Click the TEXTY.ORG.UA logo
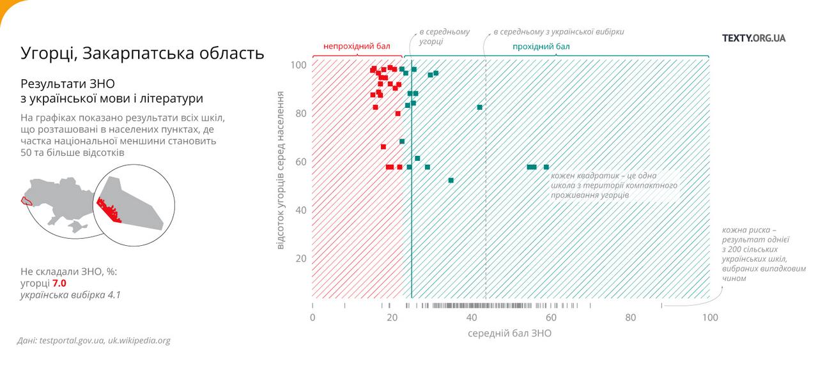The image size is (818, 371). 753,38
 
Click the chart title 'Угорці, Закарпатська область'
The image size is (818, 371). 142,53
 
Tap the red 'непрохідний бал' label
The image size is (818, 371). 357,47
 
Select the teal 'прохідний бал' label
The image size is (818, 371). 541,47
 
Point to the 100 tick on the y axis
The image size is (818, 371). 299,65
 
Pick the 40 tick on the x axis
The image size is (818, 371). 472,318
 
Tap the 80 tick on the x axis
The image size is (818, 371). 631,318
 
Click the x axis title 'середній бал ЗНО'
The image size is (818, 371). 509,333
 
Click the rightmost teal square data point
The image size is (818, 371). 546,167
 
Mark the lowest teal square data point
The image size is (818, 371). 451,181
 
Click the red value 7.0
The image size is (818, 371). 59,284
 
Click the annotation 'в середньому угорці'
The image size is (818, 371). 444,36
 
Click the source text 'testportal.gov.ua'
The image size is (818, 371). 71,341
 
